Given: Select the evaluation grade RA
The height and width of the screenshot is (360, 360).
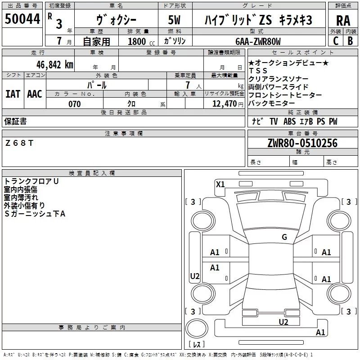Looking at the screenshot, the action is coord(343,21).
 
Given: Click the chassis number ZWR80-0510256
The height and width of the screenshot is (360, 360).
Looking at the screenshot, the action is coord(302,143).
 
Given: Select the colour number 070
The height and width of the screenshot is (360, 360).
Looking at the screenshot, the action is coord(74,104).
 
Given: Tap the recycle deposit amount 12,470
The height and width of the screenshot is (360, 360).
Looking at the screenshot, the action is coord(224,104).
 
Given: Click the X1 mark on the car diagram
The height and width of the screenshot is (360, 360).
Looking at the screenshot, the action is coord(220,184).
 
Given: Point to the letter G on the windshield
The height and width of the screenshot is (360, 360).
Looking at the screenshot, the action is coord(284,237).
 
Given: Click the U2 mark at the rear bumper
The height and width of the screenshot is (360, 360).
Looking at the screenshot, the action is coord(283,322).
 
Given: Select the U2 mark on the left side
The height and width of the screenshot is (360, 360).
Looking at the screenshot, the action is coord(195,276).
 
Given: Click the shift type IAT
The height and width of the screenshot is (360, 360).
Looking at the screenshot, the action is coord(13,94).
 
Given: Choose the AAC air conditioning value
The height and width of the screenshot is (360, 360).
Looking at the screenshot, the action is coord(35,94).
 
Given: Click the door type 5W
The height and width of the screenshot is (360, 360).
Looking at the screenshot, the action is coord(174,21).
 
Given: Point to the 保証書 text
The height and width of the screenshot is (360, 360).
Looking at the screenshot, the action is coord(15,121).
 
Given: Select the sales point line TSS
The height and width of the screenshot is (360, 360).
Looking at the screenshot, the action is coord(258,71).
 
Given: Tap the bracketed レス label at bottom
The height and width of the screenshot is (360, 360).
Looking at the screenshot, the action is coord(197,345).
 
